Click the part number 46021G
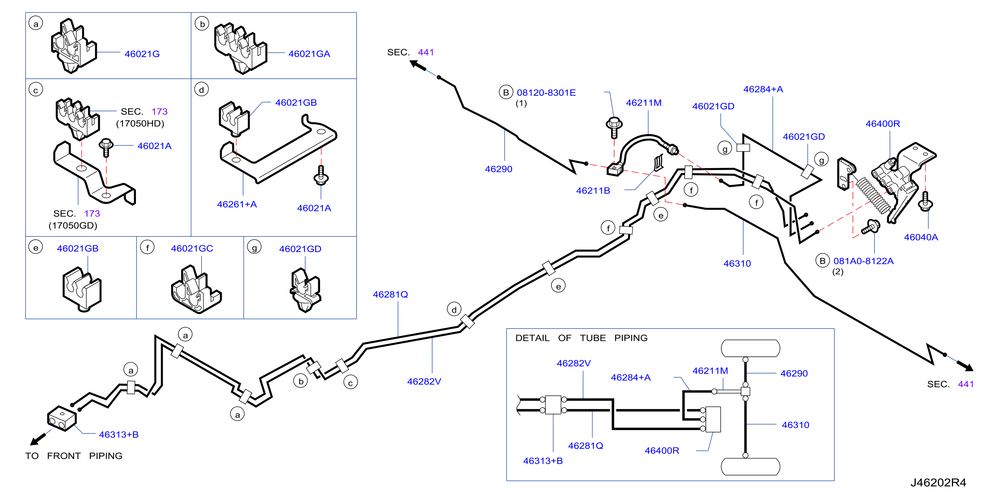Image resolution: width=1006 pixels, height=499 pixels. pos(142,54)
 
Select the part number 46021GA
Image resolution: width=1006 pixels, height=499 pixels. pos(309,54)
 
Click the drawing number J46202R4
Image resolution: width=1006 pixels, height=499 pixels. pos(938,483)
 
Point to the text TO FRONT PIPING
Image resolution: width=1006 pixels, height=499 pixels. pos(74,456)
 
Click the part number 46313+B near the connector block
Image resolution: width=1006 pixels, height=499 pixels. pos(119,435)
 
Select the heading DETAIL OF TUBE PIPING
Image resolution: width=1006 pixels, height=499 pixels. pos(581,338)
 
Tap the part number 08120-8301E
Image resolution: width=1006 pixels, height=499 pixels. pos(546,93)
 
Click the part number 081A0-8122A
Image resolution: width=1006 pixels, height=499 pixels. pos(863,261)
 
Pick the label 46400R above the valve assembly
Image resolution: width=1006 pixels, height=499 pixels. pos(883,124)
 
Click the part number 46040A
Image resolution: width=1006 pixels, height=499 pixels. pos(921,237)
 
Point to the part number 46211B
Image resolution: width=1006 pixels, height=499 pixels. pos(593,191)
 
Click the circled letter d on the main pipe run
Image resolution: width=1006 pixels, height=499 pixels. pos(454,310)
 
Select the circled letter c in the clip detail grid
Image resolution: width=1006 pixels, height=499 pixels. pos(36,90)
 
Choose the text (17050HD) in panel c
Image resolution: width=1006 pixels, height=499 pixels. pos(140,124)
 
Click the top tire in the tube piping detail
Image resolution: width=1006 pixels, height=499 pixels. pos(750,348)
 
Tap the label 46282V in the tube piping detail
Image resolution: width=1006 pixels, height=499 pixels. pos(574,363)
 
